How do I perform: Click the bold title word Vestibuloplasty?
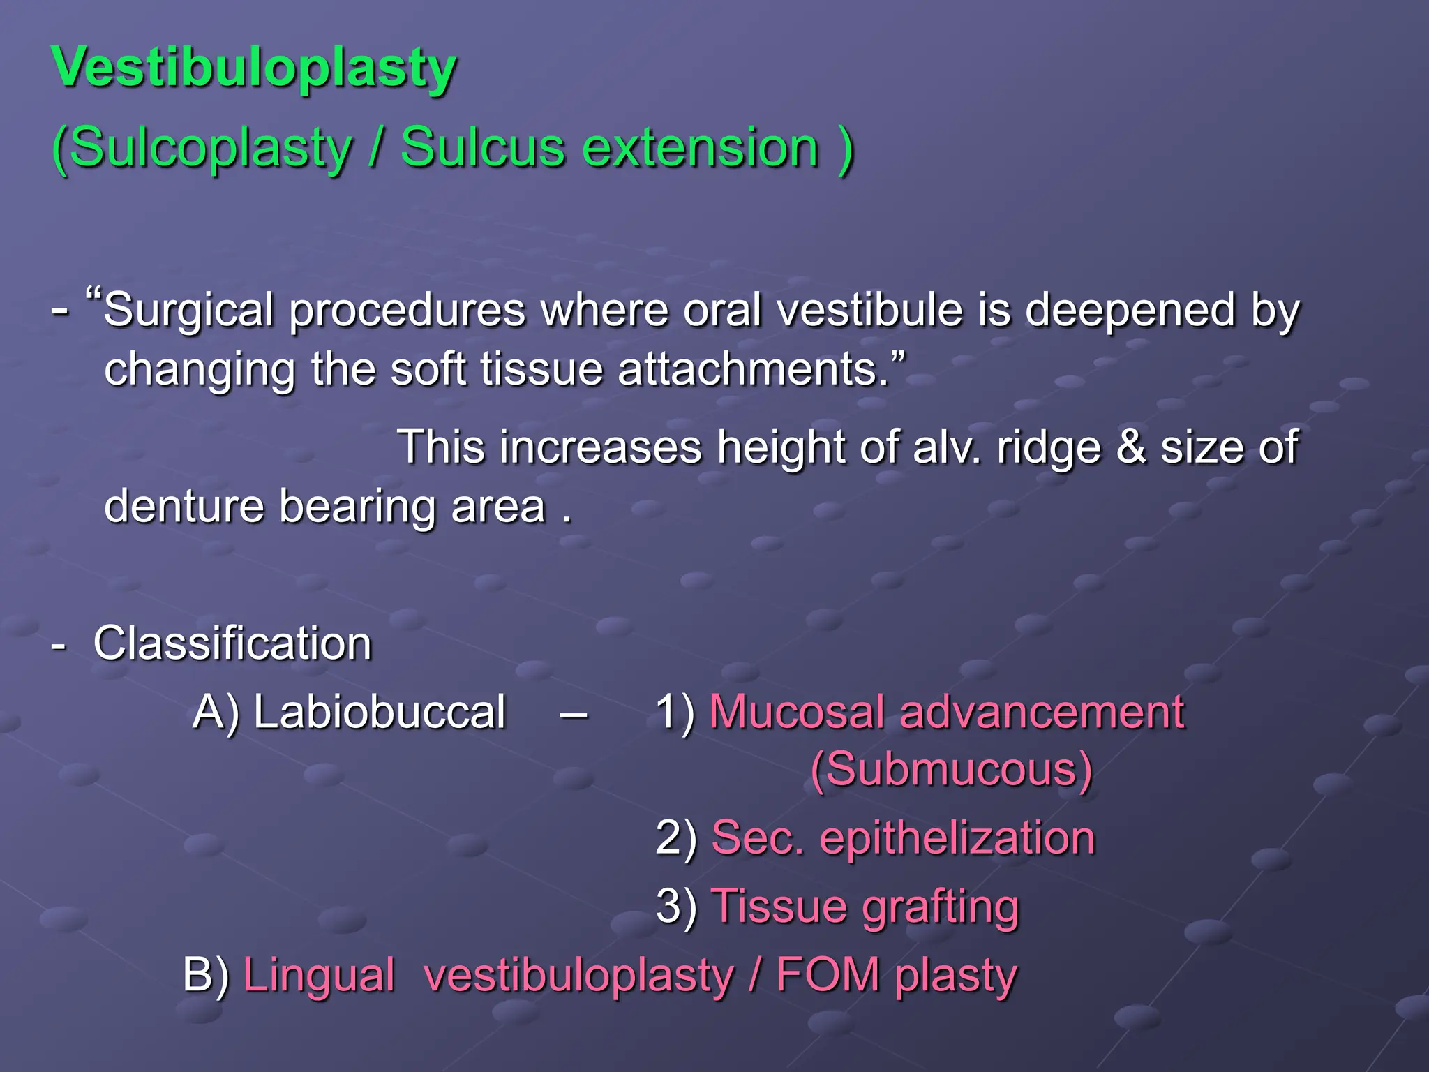tap(254, 68)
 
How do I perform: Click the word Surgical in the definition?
tap(188, 311)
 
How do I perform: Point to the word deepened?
tap(1130, 311)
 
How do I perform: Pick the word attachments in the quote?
tap(754, 370)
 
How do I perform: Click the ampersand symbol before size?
tap(1131, 447)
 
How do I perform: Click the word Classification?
tap(232, 643)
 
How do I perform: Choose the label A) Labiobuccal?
tap(349, 713)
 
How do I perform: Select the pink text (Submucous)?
tap(951, 770)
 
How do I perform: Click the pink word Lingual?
tap(319, 975)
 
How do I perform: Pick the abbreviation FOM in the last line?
tap(828, 975)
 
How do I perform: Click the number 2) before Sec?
tap(675, 838)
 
